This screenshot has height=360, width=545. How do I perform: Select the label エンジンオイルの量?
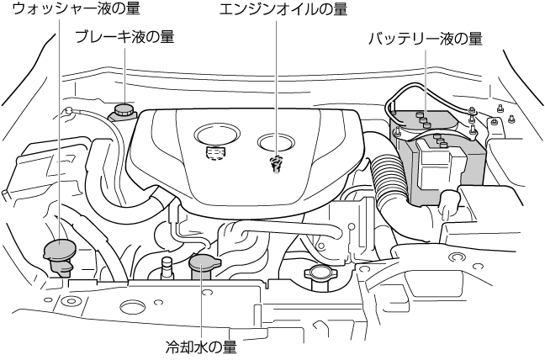(282, 10)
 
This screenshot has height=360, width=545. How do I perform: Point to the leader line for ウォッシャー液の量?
(61, 126)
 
